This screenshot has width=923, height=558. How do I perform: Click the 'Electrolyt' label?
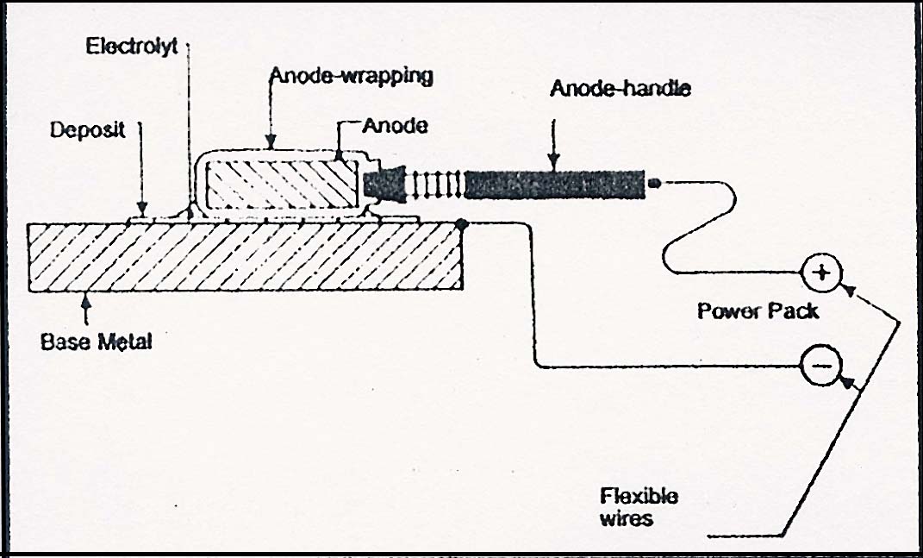pos(131,46)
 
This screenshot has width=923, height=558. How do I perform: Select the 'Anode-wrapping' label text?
pos(352,76)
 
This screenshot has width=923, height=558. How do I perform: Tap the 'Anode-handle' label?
pos(620,88)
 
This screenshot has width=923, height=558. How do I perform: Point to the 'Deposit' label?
pos(88,129)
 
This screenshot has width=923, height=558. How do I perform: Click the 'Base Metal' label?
pos(96,342)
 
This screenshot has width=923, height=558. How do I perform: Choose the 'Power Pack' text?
pos(758,310)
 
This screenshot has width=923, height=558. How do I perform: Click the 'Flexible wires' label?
pos(639,507)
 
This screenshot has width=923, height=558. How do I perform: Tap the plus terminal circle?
pos(822,273)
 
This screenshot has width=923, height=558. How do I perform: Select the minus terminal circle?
pos(822,366)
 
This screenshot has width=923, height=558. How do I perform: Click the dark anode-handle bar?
pos(554,185)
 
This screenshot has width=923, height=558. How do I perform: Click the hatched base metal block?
pos(245,256)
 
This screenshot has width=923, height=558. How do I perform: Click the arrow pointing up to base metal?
pos(86,309)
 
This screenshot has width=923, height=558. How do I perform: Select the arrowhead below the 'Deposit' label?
pos(141,209)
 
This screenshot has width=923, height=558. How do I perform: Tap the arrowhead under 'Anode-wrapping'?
pos(271,142)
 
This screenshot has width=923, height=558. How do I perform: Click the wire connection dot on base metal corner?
pos(462,224)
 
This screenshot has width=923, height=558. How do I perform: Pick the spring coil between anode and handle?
pos(435,185)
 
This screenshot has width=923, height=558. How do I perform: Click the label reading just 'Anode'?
pos(395,125)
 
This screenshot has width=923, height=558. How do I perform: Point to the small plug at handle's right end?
pos(653,183)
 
